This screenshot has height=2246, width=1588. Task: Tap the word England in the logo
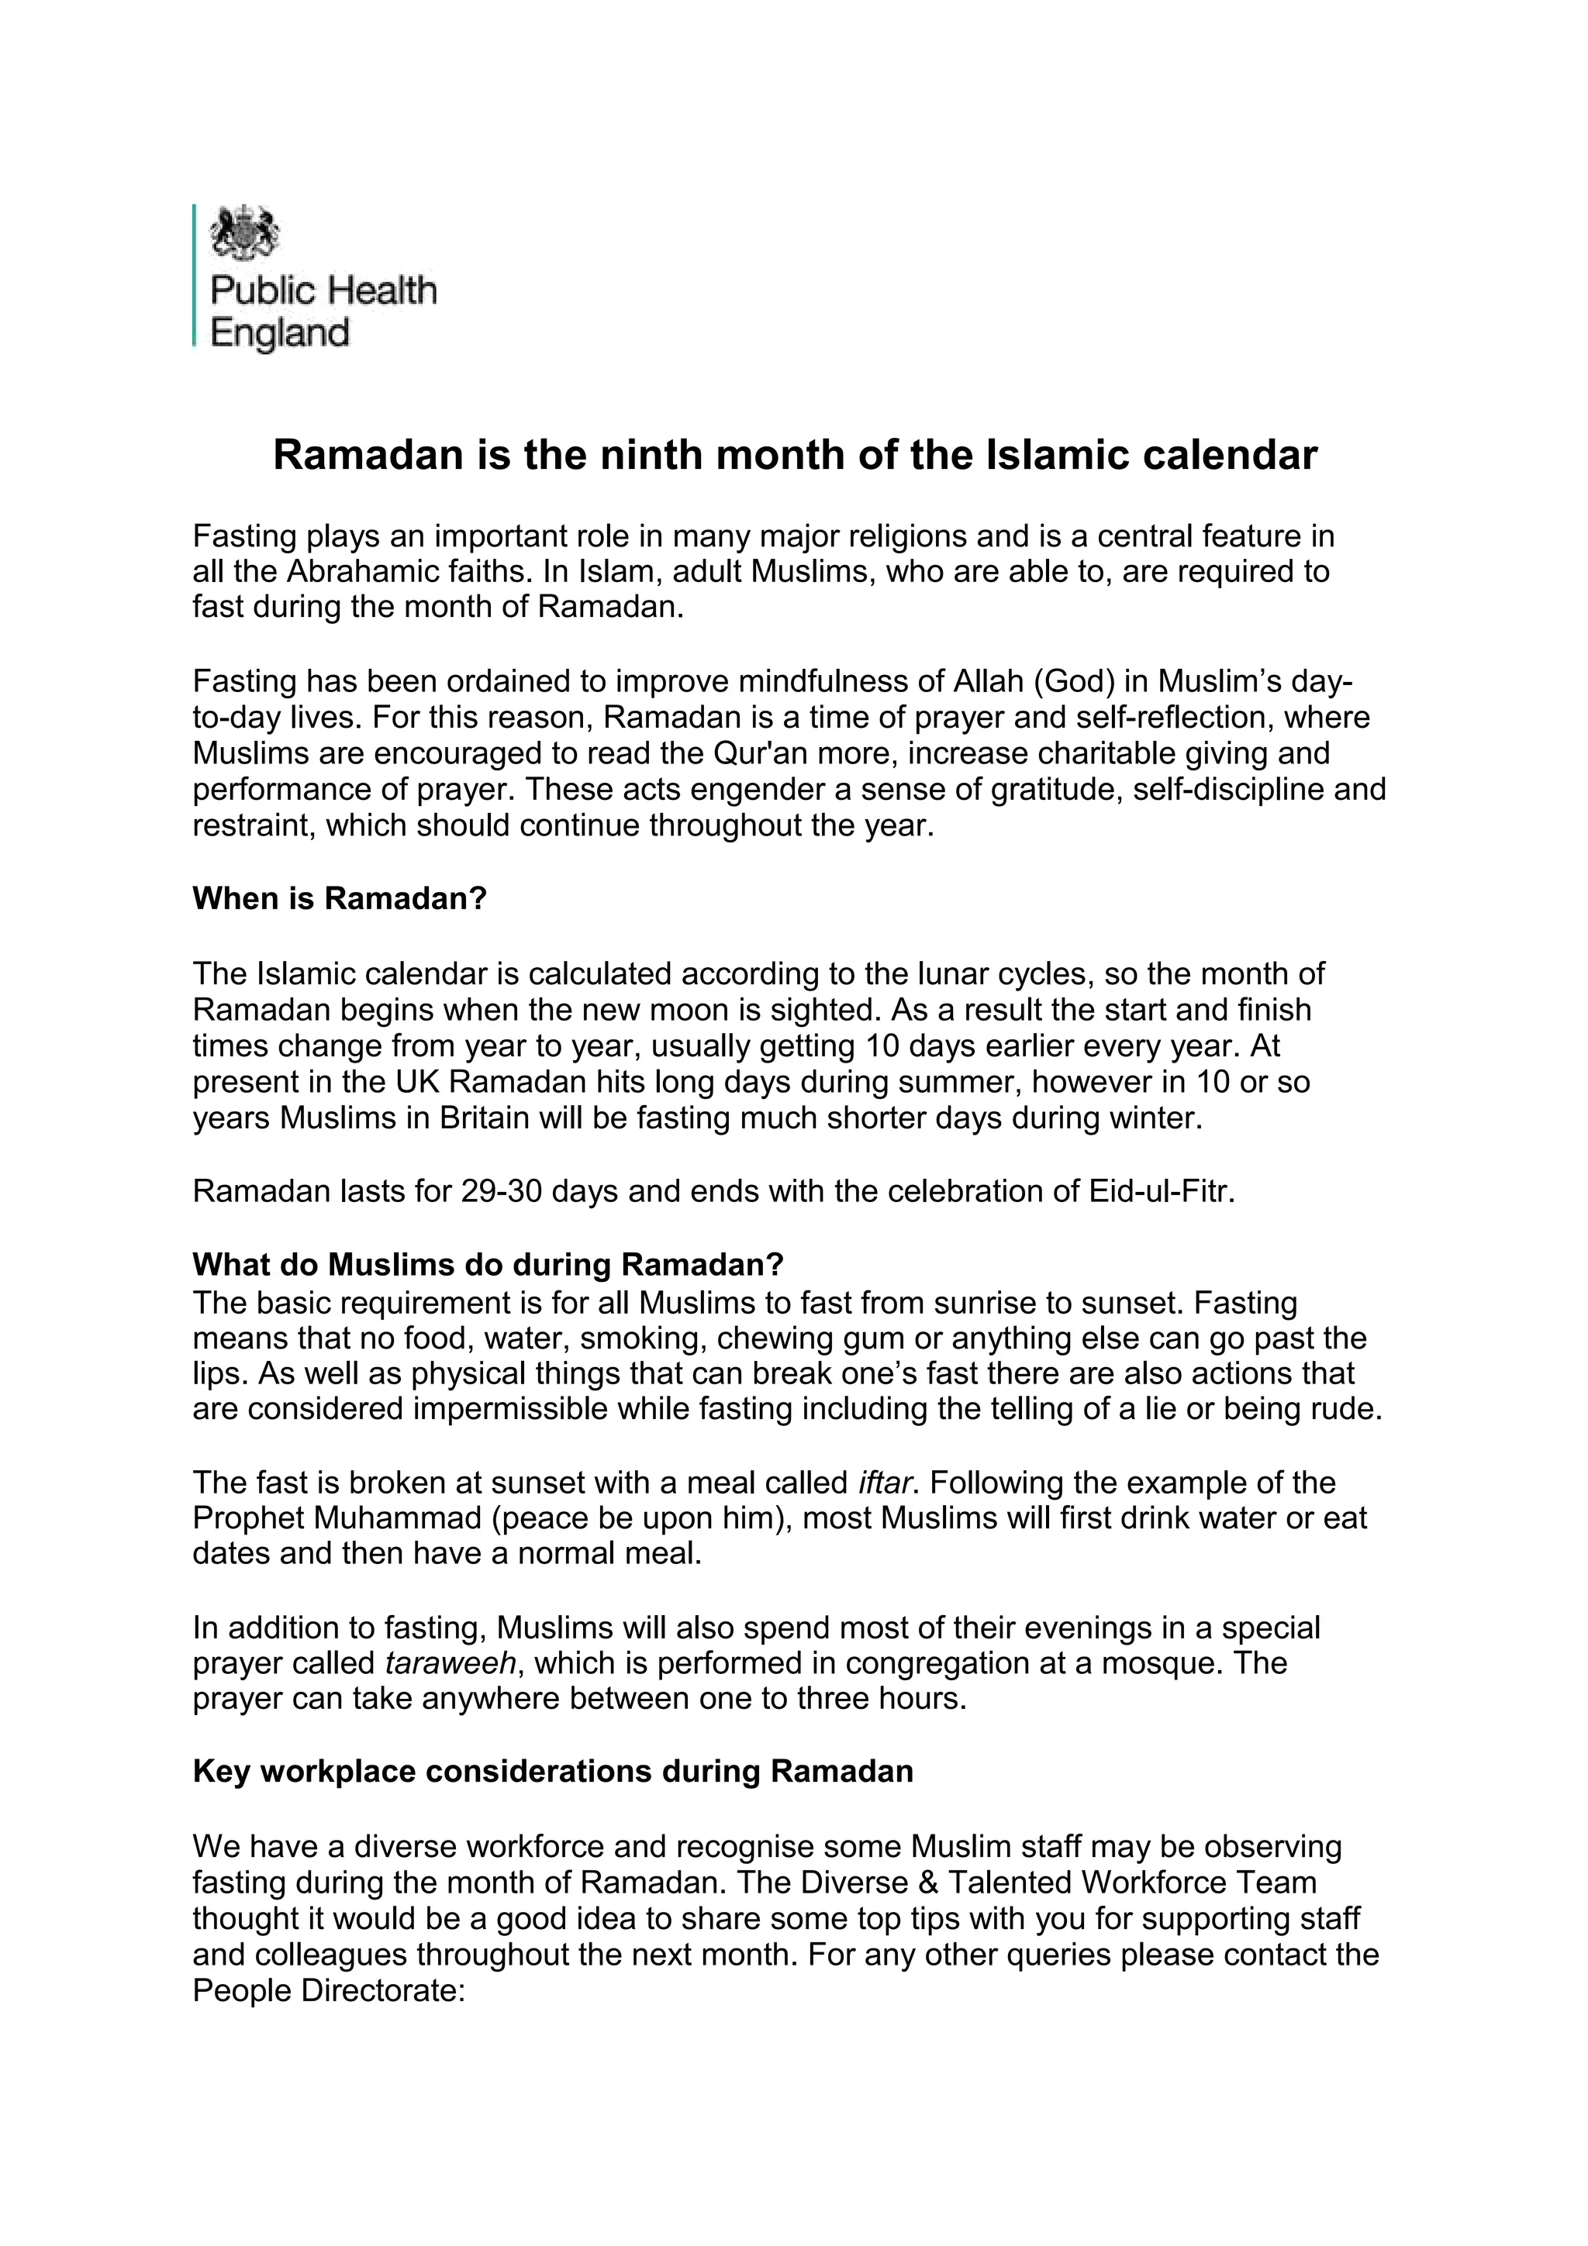pos(280,333)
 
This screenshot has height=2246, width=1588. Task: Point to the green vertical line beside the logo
pos(195,275)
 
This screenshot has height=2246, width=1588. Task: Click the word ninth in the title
pos(647,456)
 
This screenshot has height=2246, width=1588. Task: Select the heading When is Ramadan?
pos(340,899)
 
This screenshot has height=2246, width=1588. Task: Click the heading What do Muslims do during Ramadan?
pos(488,1265)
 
